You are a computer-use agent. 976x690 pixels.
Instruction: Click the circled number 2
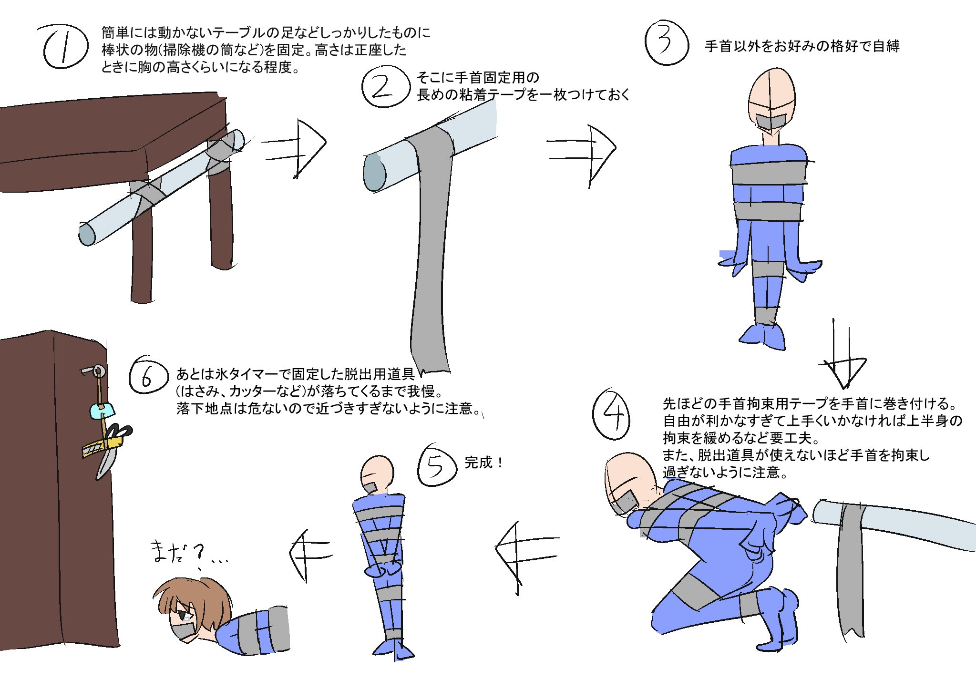[x=385, y=87]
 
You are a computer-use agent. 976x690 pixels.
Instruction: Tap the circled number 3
[x=666, y=43]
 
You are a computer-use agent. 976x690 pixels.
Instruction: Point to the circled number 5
[x=436, y=466]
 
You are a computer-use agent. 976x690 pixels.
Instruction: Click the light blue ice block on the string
[x=102, y=410]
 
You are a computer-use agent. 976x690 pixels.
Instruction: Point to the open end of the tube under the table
[x=87, y=234]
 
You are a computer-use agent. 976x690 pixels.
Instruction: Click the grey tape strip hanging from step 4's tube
[x=851, y=572]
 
